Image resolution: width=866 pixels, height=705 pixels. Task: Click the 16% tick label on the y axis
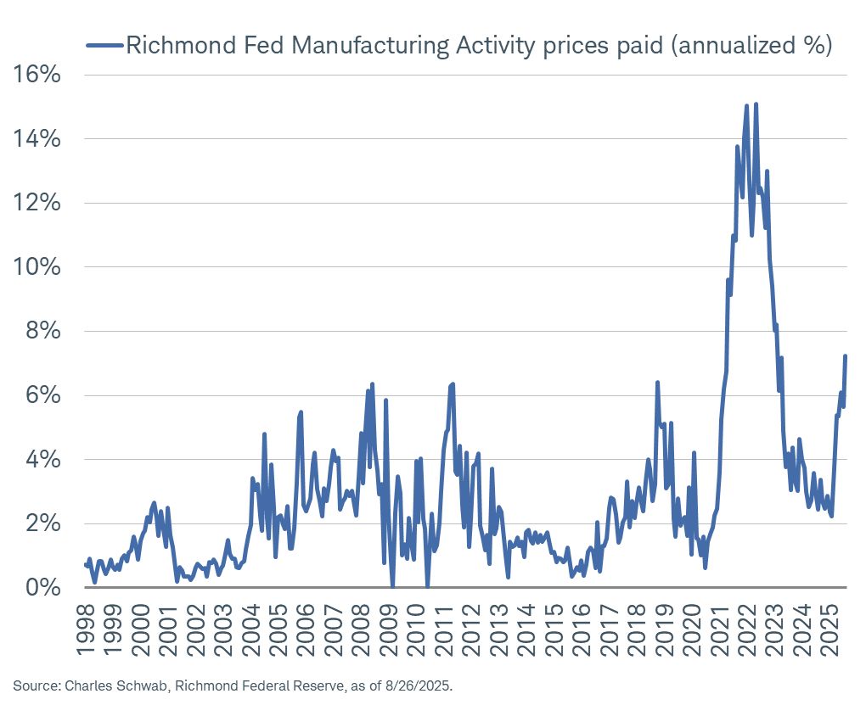37,75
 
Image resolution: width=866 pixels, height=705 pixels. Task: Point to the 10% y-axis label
37,267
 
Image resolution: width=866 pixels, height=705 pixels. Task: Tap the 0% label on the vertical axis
43,587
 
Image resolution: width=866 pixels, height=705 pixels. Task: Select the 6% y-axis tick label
43,395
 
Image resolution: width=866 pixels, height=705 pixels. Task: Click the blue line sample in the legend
104,45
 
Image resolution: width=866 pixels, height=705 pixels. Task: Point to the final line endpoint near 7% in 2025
846,356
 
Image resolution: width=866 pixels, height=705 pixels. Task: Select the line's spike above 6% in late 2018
657,383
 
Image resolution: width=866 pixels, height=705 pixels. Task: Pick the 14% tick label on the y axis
37,139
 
